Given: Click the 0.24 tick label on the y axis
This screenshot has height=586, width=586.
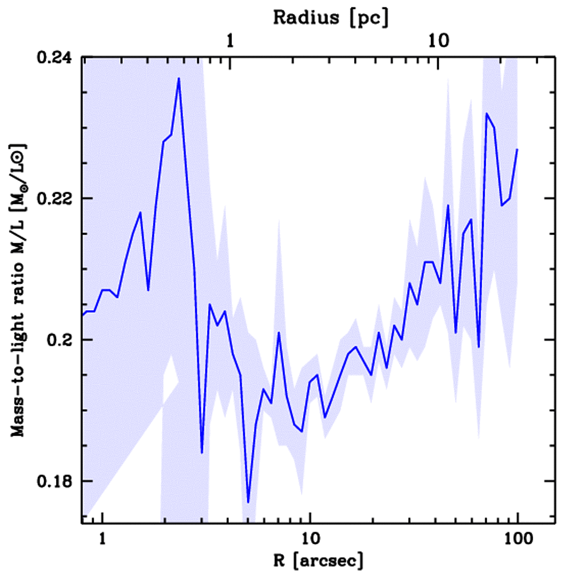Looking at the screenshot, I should (x=56, y=58).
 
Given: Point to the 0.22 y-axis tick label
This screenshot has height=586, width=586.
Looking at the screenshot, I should (x=56, y=199).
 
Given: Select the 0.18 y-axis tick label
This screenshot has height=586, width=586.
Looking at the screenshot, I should (x=56, y=481).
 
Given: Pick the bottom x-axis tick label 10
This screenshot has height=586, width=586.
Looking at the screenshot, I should (x=310, y=539).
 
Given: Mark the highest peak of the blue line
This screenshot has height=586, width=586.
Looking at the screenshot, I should (x=179, y=78).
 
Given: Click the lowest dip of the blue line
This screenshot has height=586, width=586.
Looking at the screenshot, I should (x=248, y=502).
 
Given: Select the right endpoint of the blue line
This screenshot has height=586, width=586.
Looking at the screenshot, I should (x=517, y=149).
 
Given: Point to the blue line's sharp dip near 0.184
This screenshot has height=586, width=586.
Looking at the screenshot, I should (x=202, y=453).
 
